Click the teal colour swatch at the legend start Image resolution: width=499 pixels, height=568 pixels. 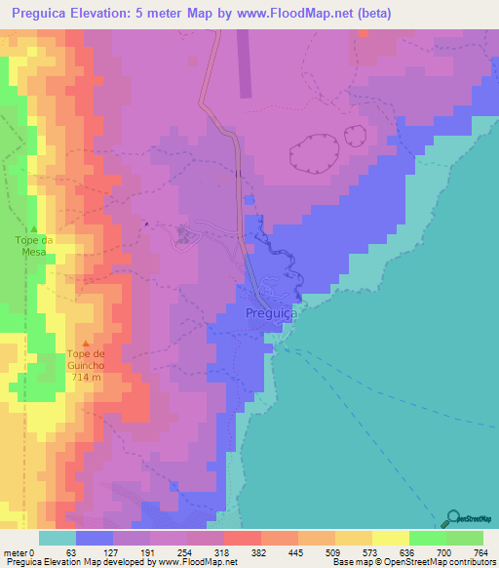pos(57,538)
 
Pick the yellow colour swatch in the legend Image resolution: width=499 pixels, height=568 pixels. pos(390,538)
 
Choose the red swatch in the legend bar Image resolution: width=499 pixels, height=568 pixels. pos(242,538)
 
